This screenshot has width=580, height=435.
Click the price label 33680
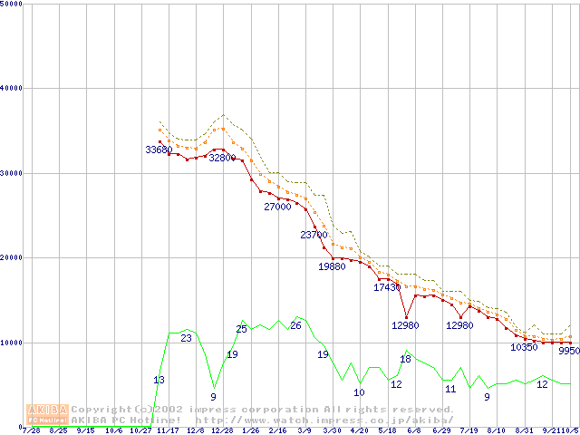click(159, 150)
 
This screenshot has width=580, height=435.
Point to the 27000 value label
click(277, 207)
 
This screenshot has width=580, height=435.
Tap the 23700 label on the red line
click(314, 235)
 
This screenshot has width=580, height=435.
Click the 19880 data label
click(332, 266)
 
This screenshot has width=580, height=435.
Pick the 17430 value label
click(387, 287)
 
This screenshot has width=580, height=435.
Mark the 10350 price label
click(524, 347)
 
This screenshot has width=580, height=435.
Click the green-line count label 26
click(295, 325)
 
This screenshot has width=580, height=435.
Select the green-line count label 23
click(186, 338)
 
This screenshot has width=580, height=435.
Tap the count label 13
click(159, 380)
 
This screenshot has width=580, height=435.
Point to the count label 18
click(405, 360)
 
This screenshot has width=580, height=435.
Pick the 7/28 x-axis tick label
click(31, 430)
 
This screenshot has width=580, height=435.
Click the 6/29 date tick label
click(441, 430)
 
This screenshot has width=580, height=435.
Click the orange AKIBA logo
click(47, 414)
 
